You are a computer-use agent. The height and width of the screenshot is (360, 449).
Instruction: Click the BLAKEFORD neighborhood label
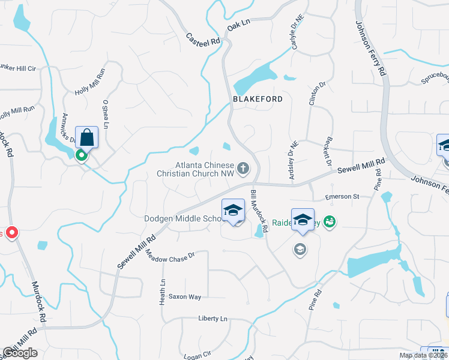coord(258,98)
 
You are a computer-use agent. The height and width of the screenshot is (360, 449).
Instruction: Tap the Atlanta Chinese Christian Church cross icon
coord(243,168)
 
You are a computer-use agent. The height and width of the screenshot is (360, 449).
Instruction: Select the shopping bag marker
coord(87,137)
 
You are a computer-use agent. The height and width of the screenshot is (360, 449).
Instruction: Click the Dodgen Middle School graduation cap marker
coord(234,210)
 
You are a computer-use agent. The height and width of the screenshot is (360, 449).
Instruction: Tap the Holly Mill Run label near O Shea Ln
coord(89,82)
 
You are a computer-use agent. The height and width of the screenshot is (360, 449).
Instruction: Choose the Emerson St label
coord(341,196)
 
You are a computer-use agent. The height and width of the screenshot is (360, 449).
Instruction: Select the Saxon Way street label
coord(185,296)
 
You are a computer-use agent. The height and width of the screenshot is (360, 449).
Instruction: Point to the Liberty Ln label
coord(213,319)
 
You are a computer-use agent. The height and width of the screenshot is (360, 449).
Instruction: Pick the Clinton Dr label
coord(312,94)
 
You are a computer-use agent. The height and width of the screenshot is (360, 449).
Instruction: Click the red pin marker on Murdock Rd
coord(11,233)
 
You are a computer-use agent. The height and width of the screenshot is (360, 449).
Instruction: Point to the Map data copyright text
coord(423,355)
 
